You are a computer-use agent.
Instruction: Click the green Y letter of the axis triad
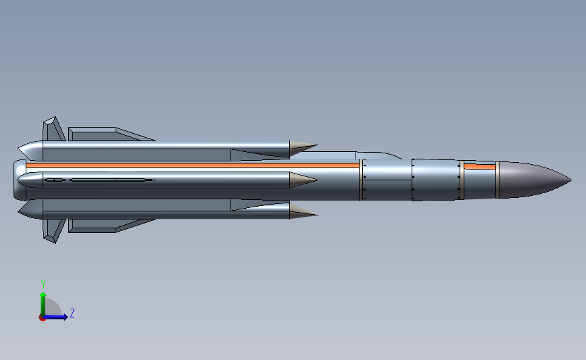(43, 284)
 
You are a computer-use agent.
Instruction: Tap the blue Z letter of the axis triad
(72, 313)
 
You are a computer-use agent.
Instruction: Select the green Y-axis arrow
(43, 301)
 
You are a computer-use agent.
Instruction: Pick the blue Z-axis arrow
(58, 317)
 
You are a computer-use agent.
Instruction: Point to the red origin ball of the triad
(43, 317)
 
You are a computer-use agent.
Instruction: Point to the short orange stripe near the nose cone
(479, 166)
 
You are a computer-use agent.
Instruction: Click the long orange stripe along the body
(189, 165)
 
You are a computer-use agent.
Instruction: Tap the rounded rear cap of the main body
(16, 180)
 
